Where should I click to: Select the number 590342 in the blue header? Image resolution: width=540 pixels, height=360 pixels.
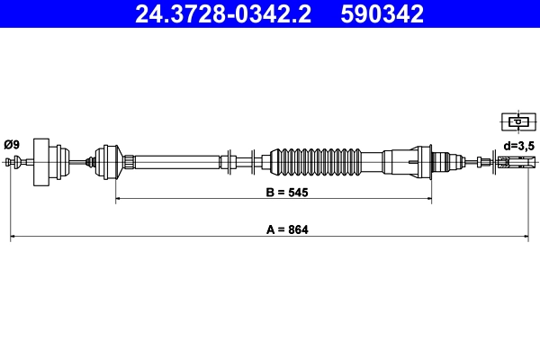coord(379,14)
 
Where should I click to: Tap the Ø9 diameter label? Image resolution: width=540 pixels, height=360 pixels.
coord(12,144)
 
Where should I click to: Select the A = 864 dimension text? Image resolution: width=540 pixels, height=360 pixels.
coord(287,230)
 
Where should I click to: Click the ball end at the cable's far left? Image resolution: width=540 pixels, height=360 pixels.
coord(11,162)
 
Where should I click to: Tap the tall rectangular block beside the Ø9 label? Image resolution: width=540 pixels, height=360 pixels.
coord(40,162)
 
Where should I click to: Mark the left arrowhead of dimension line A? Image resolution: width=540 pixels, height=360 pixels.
coord(13,238)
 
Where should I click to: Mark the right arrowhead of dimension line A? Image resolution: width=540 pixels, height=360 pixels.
coord(526,238)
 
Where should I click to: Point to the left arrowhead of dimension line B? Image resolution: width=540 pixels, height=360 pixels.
coord(119,200)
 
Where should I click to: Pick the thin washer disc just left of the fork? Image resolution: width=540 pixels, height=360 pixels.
coord(492,163)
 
